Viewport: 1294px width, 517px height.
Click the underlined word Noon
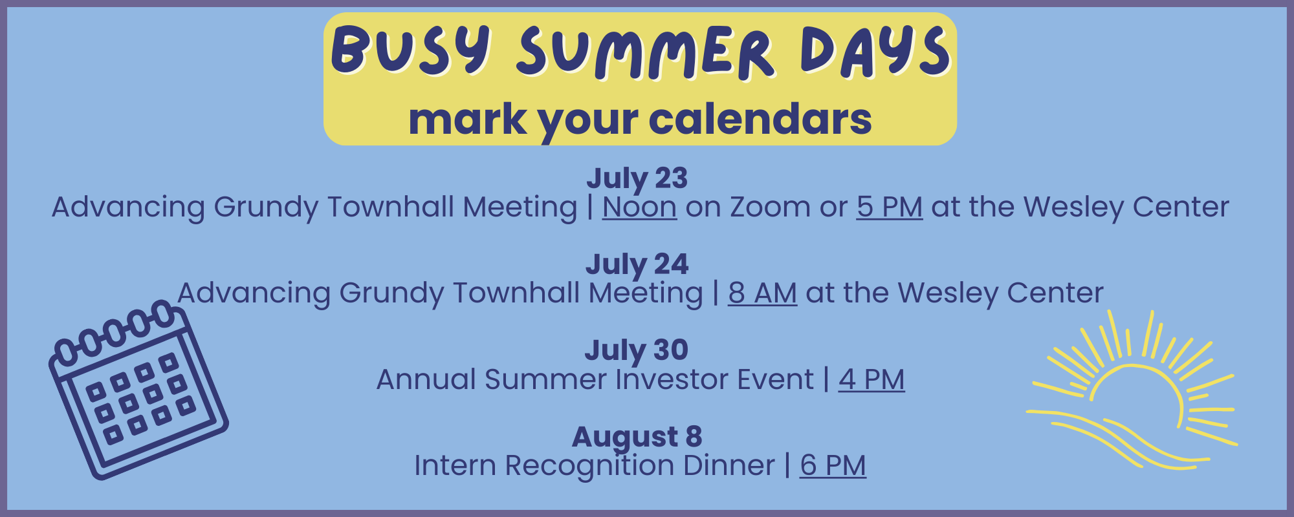point(639,207)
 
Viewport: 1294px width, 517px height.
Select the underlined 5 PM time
point(890,207)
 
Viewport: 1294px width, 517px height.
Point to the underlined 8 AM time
point(762,293)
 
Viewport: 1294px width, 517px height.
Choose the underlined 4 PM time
point(872,379)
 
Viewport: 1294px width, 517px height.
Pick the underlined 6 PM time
point(833,465)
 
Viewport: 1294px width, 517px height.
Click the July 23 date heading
point(637,179)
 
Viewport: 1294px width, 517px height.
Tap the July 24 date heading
point(637,265)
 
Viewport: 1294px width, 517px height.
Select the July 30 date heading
point(637,351)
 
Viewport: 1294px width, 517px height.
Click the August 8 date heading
point(637,437)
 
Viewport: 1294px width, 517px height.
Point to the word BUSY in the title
point(411,50)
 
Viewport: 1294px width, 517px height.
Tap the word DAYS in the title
point(875,52)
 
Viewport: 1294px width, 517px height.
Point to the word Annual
point(426,379)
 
